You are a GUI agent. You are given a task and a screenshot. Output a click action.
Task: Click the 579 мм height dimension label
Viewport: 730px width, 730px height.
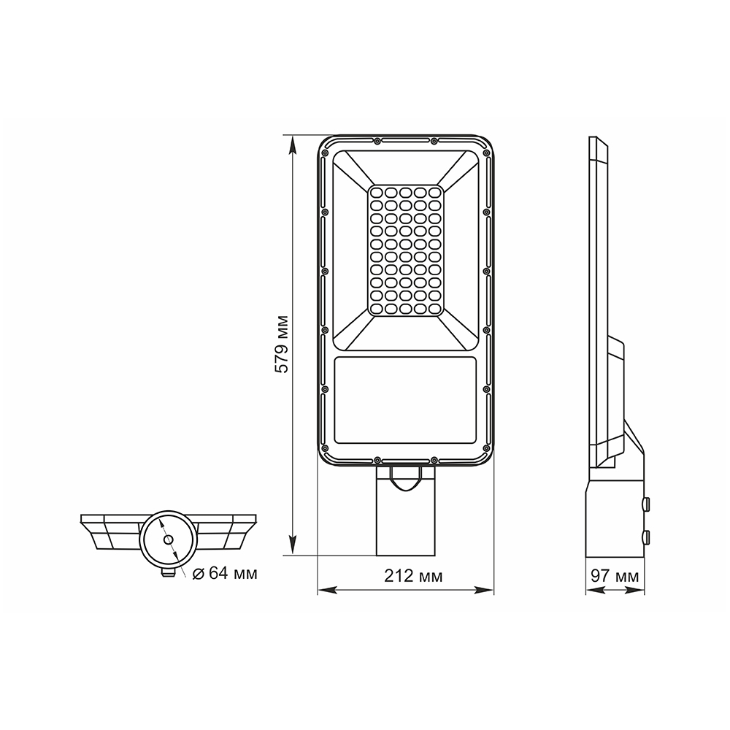tap(281, 345)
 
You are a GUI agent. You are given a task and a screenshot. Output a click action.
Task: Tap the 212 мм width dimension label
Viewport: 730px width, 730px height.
tap(413, 576)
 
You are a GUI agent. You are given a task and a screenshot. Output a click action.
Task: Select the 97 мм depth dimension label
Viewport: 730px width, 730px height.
tap(615, 576)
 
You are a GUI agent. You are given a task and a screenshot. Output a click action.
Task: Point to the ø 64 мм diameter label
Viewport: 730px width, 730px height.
tap(225, 573)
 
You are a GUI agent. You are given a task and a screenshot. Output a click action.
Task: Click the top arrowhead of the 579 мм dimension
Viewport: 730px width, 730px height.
tap(293, 145)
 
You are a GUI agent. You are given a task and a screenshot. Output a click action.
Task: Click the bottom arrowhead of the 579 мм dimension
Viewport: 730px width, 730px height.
tap(293, 545)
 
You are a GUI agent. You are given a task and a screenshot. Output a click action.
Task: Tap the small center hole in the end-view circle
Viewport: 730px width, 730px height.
tap(168, 539)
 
